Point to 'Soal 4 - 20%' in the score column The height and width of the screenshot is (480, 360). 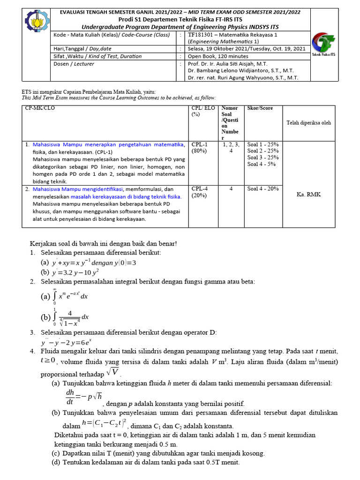click(x=263, y=189)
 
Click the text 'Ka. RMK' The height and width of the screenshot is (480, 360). click(x=309, y=195)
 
